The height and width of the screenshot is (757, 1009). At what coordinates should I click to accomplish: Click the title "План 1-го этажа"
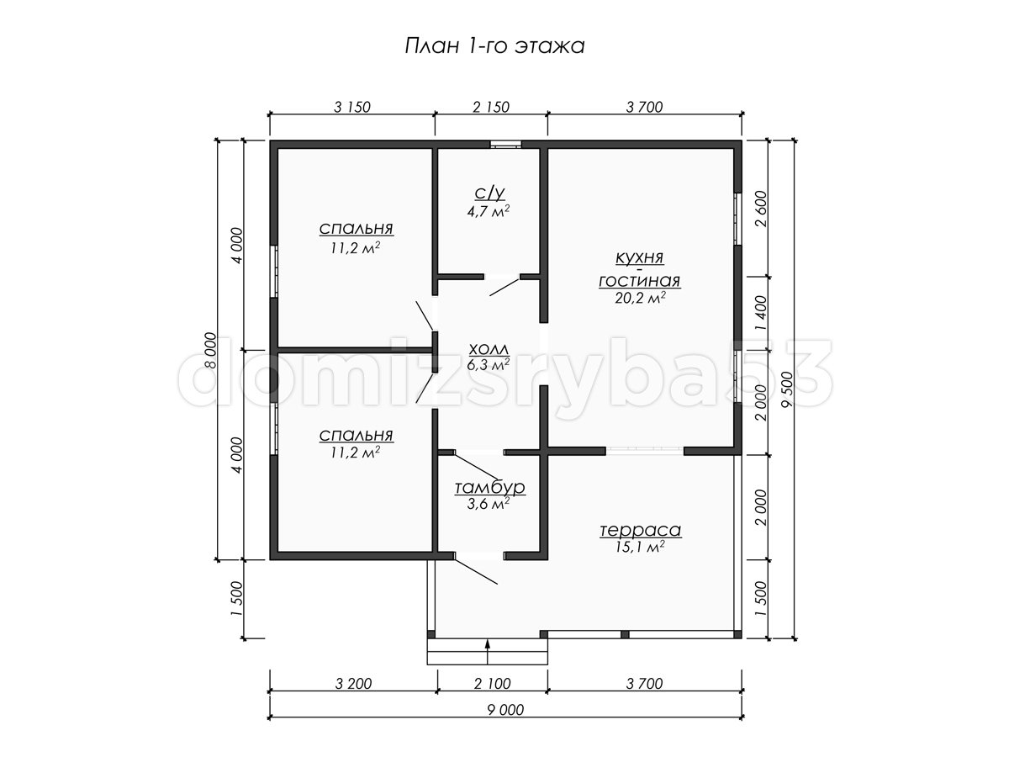pos(494,47)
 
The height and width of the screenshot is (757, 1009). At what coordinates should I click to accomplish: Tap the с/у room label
pos(489,193)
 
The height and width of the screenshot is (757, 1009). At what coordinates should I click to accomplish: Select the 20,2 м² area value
pos(641,299)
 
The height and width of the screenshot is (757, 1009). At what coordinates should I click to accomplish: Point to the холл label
pos(489,349)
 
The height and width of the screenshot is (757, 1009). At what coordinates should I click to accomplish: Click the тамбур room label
pos(489,487)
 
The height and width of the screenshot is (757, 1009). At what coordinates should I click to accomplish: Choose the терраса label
pos(641,530)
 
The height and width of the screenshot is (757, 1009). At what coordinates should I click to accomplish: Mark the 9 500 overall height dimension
pos(787,389)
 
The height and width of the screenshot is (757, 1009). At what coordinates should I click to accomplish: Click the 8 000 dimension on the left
pos(210,350)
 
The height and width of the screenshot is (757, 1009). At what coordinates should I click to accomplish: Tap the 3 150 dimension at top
pos(351,107)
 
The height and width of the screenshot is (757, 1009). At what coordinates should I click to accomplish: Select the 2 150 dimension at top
pos(491,107)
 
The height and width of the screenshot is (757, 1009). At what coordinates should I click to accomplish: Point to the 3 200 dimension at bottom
pos(353,684)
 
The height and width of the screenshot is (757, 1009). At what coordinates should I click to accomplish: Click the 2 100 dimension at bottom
pos(493,684)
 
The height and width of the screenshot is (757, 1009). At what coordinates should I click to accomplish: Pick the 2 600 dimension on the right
pos(761,209)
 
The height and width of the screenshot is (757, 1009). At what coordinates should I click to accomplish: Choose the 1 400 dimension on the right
pos(761,313)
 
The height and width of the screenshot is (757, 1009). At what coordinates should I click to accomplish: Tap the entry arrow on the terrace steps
pos(488,652)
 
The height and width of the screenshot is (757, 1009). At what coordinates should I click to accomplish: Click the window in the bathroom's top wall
pos(505,144)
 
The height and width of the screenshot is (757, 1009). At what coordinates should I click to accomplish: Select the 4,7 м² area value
pos(489,211)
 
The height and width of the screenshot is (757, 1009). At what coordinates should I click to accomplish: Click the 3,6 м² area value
pos(489,504)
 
